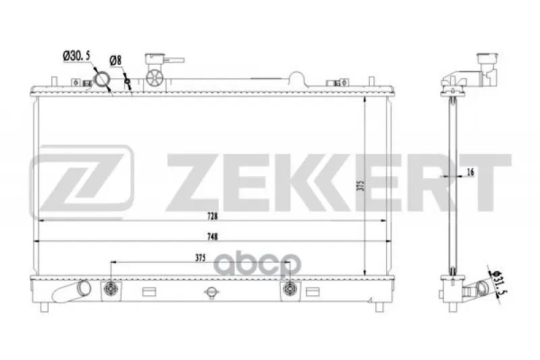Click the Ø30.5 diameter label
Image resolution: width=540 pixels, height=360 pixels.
pos(76,56)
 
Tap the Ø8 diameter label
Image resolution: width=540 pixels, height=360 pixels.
pos(115,61)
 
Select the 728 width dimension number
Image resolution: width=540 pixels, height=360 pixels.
pos(213,216)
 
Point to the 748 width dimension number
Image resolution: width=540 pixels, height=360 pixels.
pos(213,236)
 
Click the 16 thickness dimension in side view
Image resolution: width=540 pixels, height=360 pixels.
pos(470,172)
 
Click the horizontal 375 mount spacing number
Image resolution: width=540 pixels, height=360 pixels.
pos(200,257)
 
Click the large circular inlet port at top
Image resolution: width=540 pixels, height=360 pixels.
pos(102,79)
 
